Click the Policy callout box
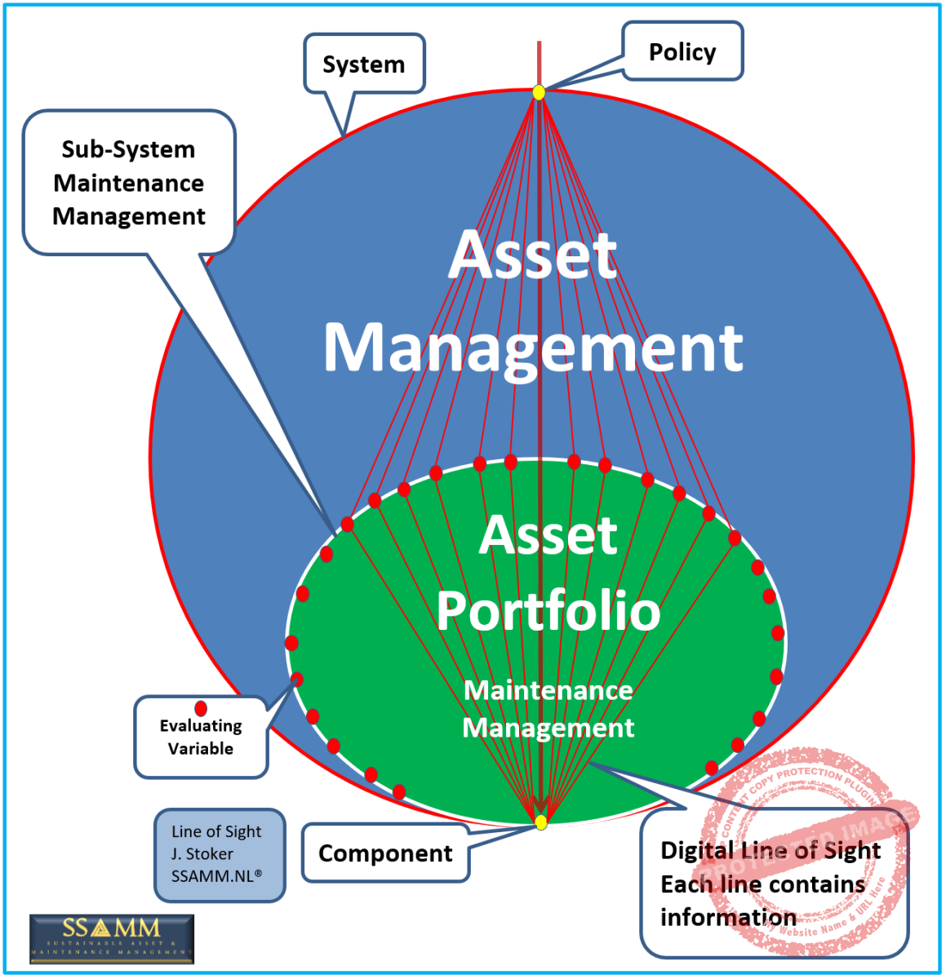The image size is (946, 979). (x=682, y=52)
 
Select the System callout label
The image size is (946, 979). (x=364, y=64)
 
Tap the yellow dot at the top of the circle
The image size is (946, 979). (x=539, y=92)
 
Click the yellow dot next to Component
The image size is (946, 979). (x=540, y=822)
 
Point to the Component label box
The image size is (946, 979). (x=385, y=853)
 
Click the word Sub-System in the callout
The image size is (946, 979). (x=128, y=149)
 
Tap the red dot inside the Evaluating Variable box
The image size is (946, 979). (x=201, y=708)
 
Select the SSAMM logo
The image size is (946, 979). (x=112, y=938)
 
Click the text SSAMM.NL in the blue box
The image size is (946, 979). (x=216, y=876)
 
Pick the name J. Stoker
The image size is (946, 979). (x=202, y=854)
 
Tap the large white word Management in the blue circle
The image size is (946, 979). (x=533, y=348)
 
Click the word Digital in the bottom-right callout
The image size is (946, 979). (x=696, y=850)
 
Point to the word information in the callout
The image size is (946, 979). (x=727, y=917)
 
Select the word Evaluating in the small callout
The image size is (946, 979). (x=201, y=725)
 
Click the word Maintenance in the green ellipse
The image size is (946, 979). (x=549, y=690)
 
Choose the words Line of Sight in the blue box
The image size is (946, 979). (x=216, y=831)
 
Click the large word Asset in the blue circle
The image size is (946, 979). (x=533, y=255)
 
